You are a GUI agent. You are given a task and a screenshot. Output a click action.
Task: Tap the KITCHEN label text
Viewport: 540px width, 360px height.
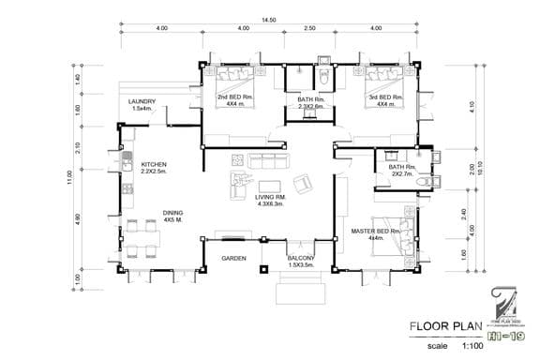pyautogui.click(x=154, y=167)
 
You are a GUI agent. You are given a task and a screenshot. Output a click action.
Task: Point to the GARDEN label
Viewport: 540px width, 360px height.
pyautogui.click(x=233, y=257)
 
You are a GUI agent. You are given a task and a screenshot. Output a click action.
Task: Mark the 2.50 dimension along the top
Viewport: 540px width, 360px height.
pyautogui.click(x=309, y=30)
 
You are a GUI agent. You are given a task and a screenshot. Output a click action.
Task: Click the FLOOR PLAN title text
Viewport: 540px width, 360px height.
pyautogui.click(x=444, y=328)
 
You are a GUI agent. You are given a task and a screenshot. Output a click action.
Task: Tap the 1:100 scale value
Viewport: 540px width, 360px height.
pyautogui.click(x=475, y=346)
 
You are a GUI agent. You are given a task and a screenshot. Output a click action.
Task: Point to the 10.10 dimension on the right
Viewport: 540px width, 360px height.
pyautogui.click(x=481, y=172)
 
